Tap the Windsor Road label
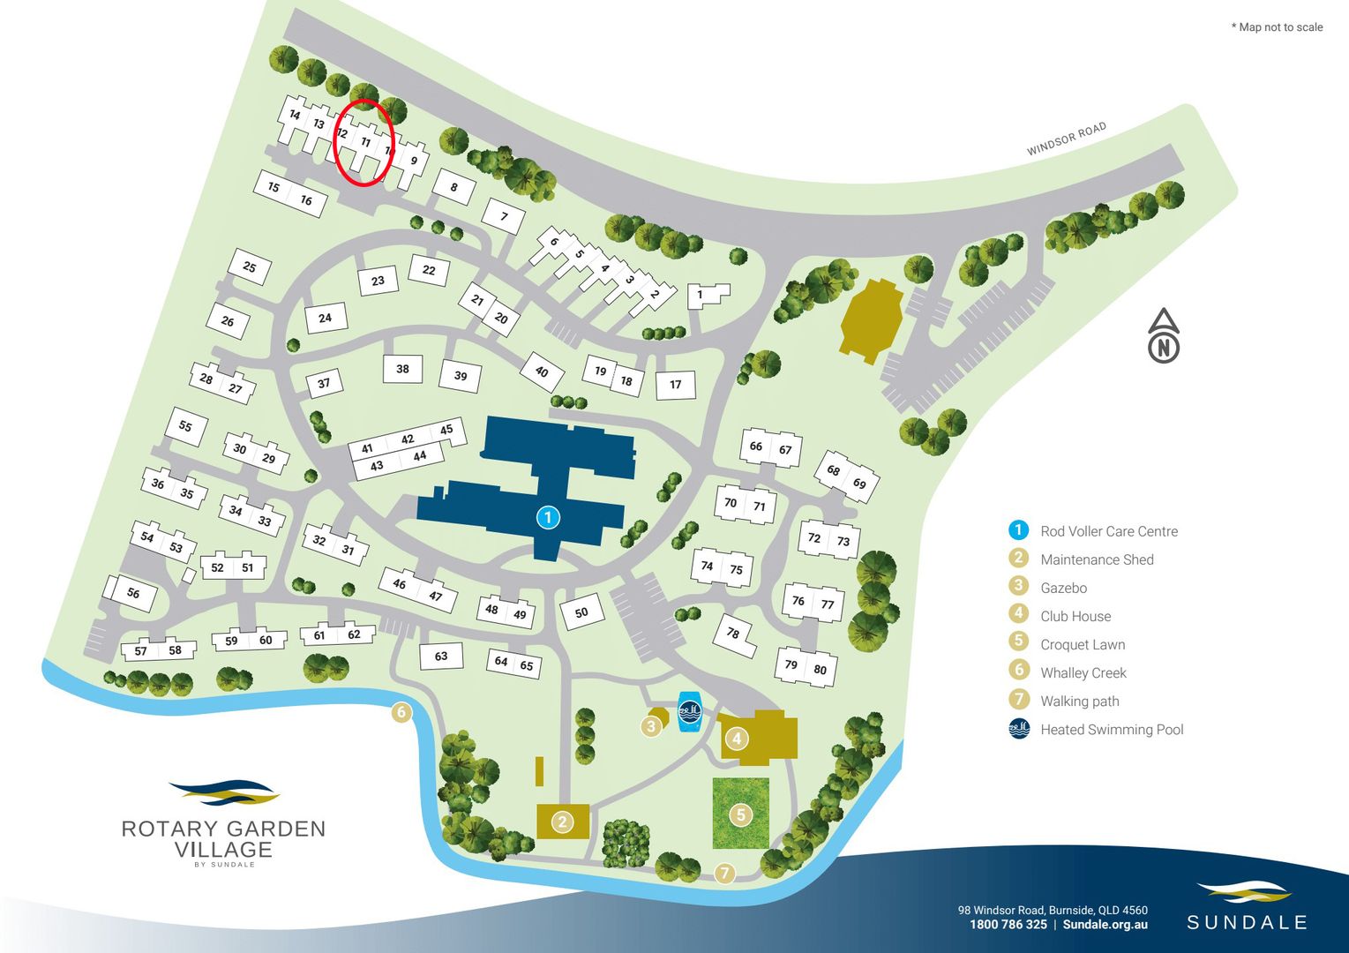click(1066, 139)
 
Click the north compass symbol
click(1164, 336)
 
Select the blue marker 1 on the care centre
click(548, 517)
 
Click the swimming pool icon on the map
click(690, 711)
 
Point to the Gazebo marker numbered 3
click(651, 726)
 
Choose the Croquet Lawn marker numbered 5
click(741, 814)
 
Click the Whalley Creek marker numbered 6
click(401, 712)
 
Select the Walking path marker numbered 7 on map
click(724, 874)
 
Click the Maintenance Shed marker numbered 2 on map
click(562, 822)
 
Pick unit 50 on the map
click(581, 612)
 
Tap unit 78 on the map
click(733, 634)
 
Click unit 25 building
click(250, 267)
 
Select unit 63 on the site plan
click(441, 656)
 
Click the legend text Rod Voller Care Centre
click(1108, 531)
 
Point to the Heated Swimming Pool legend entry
click(1111, 730)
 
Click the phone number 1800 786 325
click(1008, 925)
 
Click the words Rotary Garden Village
click(223, 839)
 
